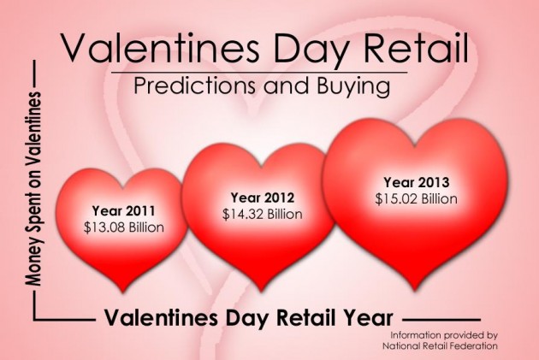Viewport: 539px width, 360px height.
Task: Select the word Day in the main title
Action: pyautogui.click(x=311, y=50)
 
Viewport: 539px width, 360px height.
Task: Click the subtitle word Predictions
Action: pyautogui.click(x=194, y=86)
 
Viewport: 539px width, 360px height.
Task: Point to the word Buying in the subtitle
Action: pyautogui.click(x=353, y=86)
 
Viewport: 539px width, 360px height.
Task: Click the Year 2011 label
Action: pyautogui.click(x=124, y=210)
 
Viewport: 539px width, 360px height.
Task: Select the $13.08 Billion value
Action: pyautogui.click(x=124, y=227)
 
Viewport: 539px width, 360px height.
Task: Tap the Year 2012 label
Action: pyautogui.click(x=263, y=198)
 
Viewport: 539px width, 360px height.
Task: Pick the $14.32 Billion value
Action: pyautogui.click(x=263, y=214)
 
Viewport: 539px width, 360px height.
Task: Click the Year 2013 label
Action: pyautogui.click(x=417, y=182)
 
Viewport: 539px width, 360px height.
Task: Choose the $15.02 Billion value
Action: pyautogui.click(x=417, y=198)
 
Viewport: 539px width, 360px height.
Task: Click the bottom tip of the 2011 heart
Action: pyautogui.click(x=123, y=292)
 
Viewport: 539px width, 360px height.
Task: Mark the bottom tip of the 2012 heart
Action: pyautogui.click(x=261, y=291)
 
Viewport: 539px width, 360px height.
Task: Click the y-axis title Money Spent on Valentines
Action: pyautogui.click(x=33, y=189)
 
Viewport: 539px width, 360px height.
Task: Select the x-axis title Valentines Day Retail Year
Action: pyautogui.click(x=248, y=318)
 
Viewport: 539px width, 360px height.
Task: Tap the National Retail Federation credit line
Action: pyautogui.click(x=441, y=345)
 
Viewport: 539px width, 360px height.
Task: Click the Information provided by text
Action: pyautogui.click(x=444, y=335)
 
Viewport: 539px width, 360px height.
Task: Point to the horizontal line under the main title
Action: pyautogui.click(x=259, y=73)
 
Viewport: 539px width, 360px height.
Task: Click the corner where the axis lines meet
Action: pyautogui.click(x=34, y=320)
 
